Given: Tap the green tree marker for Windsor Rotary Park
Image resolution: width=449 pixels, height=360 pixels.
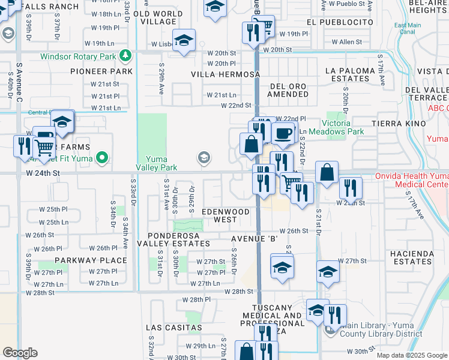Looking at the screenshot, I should click(x=125, y=56).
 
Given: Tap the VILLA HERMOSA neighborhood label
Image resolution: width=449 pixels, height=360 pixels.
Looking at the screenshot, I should click(x=226, y=74).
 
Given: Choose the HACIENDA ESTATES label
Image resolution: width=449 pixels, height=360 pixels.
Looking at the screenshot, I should click(x=411, y=258).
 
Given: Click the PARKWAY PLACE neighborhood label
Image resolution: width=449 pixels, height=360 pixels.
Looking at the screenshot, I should click(x=91, y=260).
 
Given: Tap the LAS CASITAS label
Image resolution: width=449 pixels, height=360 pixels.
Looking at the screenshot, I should click(x=173, y=328).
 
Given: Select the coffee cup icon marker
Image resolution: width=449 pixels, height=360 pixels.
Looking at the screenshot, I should click(x=284, y=133).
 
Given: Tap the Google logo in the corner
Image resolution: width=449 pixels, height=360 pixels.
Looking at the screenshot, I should click(x=20, y=353).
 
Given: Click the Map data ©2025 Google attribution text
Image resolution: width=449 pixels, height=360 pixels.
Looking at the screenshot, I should click(x=411, y=355).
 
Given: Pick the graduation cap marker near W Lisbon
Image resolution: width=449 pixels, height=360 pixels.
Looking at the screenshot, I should click(x=185, y=40).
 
